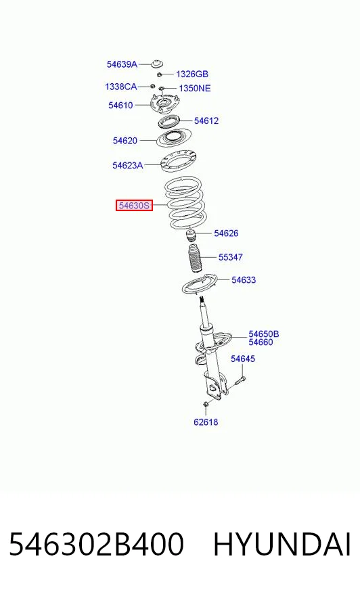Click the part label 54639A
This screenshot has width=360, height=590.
point(122,64)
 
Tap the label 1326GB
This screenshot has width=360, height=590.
point(192,74)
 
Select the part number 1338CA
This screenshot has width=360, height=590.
point(120,87)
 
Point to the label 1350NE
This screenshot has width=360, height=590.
point(194,89)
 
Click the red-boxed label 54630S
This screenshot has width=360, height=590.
point(134,206)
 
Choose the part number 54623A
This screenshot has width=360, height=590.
point(127,165)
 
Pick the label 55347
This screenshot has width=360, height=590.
point(231,257)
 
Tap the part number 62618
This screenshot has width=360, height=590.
point(206,422)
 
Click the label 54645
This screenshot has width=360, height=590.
point(243,359)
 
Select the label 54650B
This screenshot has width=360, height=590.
point(264,334)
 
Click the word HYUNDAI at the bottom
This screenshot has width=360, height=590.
point(282,544)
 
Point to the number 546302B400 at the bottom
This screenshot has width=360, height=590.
point(96,544)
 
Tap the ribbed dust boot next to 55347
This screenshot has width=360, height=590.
point(194,259)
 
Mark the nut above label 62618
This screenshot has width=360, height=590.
point(206,404)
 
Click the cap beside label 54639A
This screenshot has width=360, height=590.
point(157,64)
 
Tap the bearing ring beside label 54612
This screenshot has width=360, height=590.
point(168,122)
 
